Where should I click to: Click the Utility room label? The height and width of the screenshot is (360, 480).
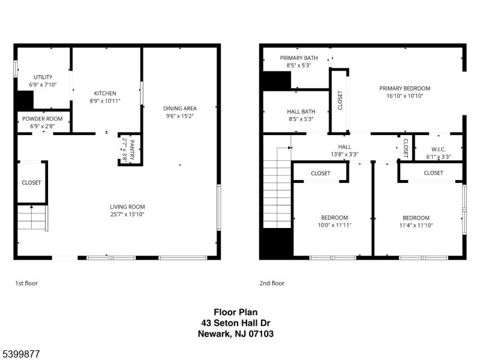click(x=43, y=77)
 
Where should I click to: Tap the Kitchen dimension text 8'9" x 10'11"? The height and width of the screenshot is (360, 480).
click(x=105, y=101)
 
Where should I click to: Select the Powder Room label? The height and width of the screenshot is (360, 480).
click(x=43, y=119)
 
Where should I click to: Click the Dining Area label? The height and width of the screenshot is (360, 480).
click(x=179, y=109)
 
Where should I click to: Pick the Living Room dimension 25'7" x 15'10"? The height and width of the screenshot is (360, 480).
click(x=127, y=214)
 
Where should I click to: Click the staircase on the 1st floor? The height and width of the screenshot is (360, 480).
click(x=32, y=217)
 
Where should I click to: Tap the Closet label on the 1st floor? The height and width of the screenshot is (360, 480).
click(x=31, y=182)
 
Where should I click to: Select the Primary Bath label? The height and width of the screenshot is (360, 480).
click(x=298, y=58)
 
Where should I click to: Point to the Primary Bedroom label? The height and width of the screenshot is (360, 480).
click(x=404, y=88)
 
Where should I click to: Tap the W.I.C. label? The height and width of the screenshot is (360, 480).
click(x=437, y=149)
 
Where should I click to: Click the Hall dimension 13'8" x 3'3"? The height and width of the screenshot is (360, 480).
click(x=344, y=154)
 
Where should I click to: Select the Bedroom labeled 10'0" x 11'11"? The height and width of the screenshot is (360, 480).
click(x=334, y=217)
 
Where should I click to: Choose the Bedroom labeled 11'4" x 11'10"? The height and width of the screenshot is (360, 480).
click(x=416, y=218)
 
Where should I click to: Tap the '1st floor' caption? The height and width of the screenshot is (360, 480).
click(x=26, y=283)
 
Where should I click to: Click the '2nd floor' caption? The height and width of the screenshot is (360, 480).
click(x=272, y=283)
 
